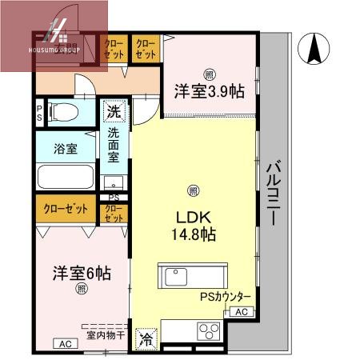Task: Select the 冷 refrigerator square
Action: click(146, 339)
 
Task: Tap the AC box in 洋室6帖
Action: click(66, 344)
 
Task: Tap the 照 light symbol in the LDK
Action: click(192, 190)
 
